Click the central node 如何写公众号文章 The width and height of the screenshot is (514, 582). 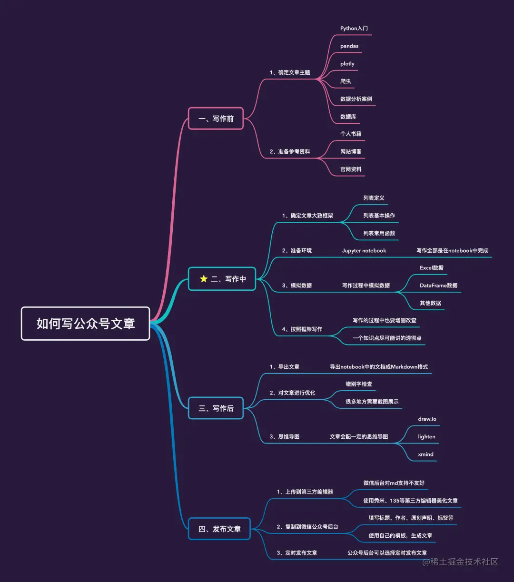86,324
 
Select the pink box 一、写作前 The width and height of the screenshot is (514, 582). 216,118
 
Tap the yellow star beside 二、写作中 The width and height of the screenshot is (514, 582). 204,279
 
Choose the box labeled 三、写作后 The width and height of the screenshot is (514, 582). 216,408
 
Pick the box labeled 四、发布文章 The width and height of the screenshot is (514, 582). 219,529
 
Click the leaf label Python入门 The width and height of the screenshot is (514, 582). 354,29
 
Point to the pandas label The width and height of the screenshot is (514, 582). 349,46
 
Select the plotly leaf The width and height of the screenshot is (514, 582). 347,64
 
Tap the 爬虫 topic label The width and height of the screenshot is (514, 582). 346,81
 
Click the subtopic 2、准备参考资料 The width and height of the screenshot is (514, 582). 289,152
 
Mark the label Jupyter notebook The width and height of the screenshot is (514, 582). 364,251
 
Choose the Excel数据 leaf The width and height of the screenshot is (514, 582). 432,268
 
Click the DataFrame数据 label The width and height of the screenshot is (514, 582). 438,286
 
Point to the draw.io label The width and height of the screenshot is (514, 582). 427,419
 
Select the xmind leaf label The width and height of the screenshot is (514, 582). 425,454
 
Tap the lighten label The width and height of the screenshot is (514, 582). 426,437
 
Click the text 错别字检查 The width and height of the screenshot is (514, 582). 359,384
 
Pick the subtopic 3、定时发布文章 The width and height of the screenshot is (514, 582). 297,553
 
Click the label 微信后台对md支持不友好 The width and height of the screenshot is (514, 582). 394,483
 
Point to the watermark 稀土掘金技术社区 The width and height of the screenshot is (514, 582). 460,562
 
